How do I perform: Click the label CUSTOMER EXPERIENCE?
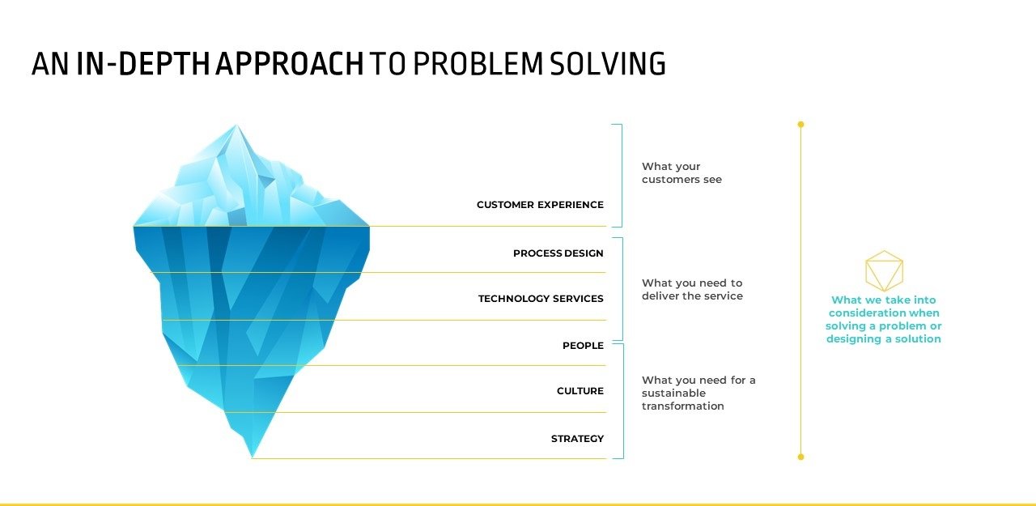pyautogui.click(x=540, y=205)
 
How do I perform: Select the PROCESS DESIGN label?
pyautogui.click(x=558, y=253)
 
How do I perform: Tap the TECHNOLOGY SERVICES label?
pyautogui.click(x=541, y=299)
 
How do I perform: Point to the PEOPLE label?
pyautogui.click(x=583, y=346)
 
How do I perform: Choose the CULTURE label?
pyautogui.click(x=580, y=391)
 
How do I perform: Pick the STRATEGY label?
pyautogui.click(x=577, y=439)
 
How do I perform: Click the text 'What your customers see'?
pyautogui.click(x=681, y=173)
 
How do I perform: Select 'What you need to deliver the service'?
pyautogui.click(x=692, y=290)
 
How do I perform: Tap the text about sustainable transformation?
pyautogui.click(x=698, y=393)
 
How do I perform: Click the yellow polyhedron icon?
pyautogui.click(x=884, y=270)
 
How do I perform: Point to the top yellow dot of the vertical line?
pyautogui.click(x=800, y=125)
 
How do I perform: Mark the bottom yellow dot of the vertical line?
pyautogui.click(x=800, y=457)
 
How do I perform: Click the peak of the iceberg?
pyautogui.click(x=236, y=127)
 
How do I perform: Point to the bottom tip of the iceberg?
pyautogui.click(x=253, y=455)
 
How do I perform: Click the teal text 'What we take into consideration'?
pyautogui.click(x=884, y=319)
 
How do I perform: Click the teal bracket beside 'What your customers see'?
pyautogui.click(x=621, y=175)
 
